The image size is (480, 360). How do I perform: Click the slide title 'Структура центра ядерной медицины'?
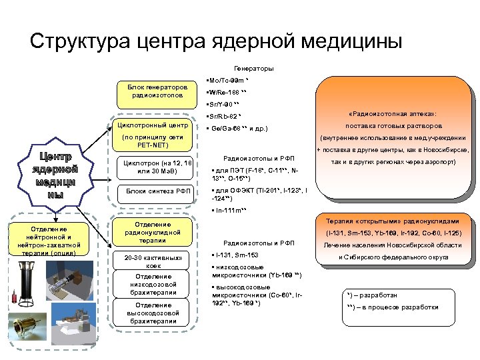coord(216,41)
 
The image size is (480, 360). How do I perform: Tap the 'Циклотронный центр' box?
coord(153,125)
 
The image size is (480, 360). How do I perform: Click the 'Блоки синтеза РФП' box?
coord(153,191)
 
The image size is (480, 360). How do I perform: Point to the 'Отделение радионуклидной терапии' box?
coord(153,233)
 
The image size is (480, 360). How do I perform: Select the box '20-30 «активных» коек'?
coord(153,261)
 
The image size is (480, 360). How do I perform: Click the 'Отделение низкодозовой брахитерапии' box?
coord(153,284)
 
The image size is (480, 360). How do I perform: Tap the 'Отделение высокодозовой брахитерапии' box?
coord(153,313)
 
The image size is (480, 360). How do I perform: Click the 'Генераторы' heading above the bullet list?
coord(253,69)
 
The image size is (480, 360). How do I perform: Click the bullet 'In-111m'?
coord(230,210)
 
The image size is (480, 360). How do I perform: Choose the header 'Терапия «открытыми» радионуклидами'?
coord(391,221)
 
